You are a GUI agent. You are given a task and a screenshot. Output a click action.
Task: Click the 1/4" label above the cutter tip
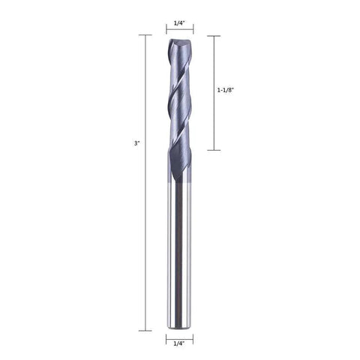179,23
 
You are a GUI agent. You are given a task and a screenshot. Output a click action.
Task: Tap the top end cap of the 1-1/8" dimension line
213,35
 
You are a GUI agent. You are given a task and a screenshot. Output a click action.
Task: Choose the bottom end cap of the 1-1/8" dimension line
213,150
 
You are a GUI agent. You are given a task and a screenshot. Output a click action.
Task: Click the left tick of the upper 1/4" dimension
166,31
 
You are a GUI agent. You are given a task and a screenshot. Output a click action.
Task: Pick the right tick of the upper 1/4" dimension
193,31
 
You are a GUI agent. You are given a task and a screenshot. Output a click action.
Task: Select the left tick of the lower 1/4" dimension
166,335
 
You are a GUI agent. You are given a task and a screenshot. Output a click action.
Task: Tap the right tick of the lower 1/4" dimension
193,335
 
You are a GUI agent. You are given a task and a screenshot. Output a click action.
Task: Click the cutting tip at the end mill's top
179,43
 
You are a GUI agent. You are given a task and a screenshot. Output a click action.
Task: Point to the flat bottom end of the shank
179,328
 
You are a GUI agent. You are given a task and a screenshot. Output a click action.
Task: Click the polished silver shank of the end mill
179,255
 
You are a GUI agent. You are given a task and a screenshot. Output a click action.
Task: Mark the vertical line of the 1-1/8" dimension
213,120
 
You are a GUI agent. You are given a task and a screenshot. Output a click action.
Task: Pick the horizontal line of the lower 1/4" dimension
179,335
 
